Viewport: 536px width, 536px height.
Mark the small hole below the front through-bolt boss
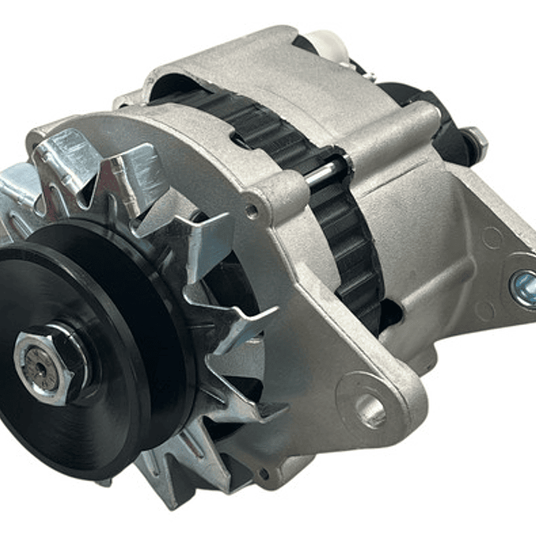click(x=252, y=211)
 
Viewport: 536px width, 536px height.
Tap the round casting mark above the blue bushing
click(x=493, y=238)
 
